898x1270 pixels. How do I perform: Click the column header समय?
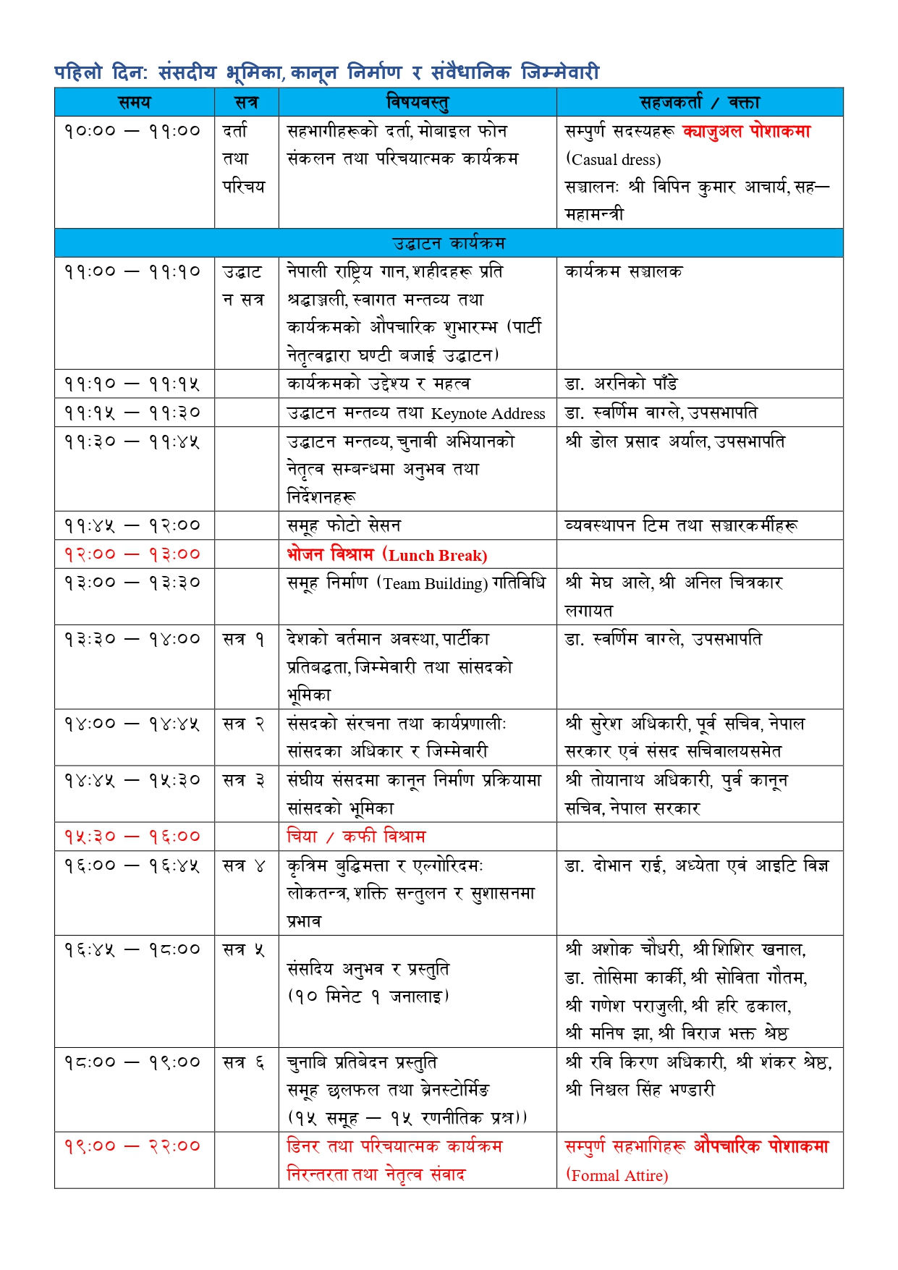point(134,102)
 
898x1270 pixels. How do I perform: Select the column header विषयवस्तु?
point(418,102)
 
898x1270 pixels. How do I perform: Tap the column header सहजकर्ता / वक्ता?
point(699,102)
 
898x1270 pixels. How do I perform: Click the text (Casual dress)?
point(614,160)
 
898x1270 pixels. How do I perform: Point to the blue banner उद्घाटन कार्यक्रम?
point(449,243)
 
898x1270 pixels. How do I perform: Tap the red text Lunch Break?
point(437,556)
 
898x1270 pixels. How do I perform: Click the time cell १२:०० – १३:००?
point(132,554)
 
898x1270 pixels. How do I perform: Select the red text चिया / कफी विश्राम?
point(356,837)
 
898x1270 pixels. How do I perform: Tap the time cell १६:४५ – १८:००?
point(132,949)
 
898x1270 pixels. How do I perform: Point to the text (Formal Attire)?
point(617,1175)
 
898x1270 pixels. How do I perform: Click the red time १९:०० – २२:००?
point(132,1146)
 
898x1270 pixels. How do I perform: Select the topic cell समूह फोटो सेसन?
point(344,525)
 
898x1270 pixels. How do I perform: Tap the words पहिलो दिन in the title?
point(101,72)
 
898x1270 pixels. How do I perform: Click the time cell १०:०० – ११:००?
point(132,131)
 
